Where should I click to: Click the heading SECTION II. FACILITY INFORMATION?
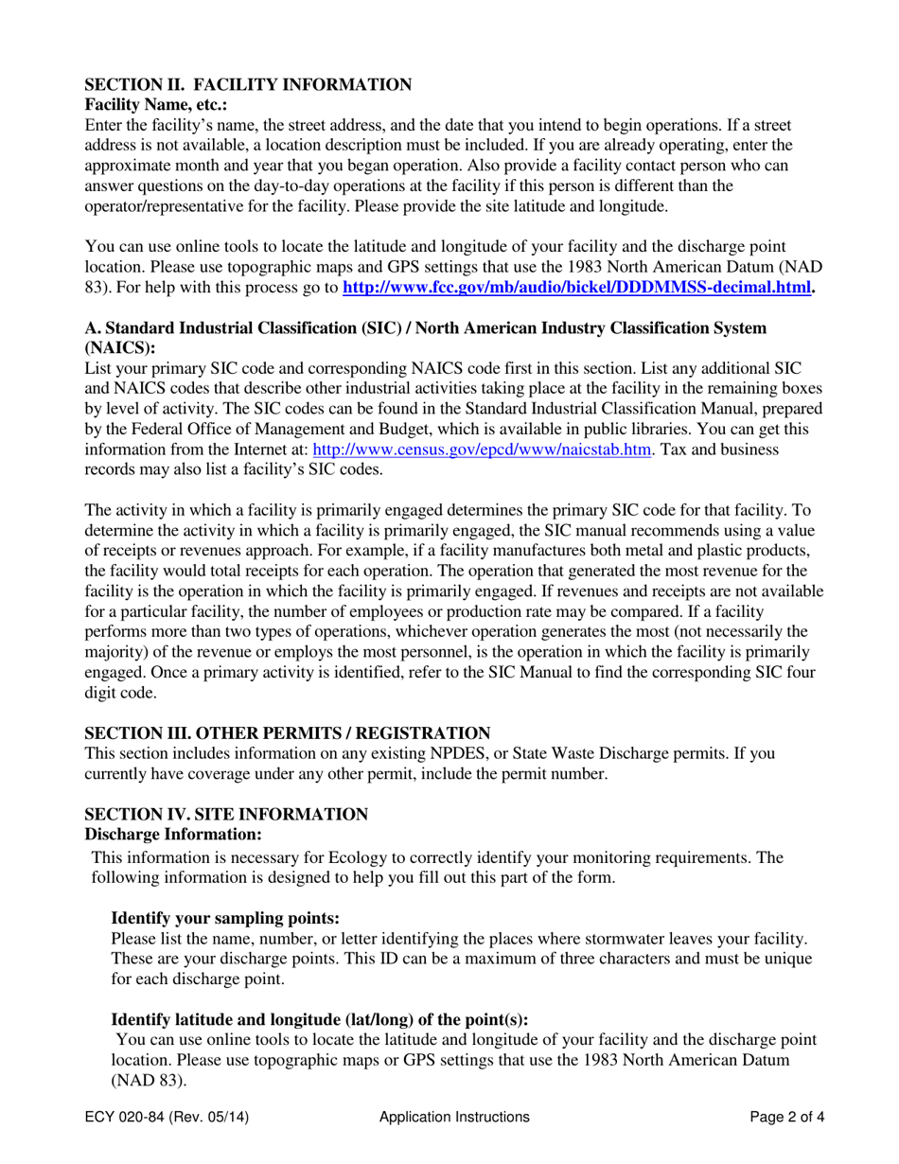[248, 85]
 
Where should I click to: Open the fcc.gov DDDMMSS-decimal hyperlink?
[576, 288]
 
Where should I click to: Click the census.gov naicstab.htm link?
[482, 450]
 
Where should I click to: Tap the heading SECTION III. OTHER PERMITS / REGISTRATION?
[288, 733]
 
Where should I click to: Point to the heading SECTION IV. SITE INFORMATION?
[227, 815]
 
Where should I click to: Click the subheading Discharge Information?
[173, 835]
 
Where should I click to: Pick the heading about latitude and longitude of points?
[320, 1019]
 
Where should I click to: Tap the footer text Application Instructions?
[454, 1117]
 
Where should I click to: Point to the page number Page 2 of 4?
[787, 1117]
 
